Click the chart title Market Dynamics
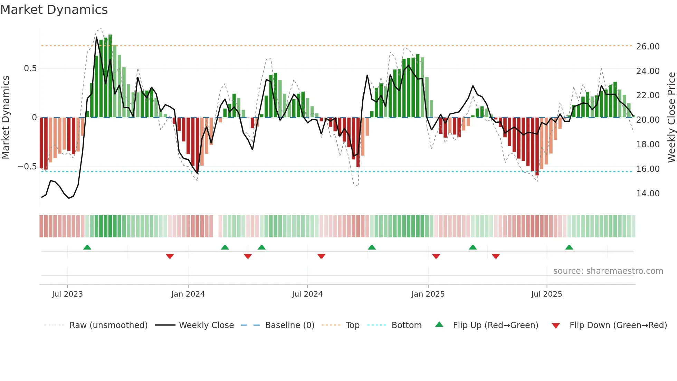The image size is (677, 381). [x=54, y=10]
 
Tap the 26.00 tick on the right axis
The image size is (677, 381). [x=648, y=47]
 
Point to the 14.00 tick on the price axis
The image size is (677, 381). [x=648, y=194]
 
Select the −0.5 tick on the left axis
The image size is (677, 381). [x=27, y=167]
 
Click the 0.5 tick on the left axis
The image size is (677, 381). [x=30, y=68]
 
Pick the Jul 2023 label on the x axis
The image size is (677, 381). [x=67, y=294]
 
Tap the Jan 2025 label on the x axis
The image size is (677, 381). [x=428, y=294]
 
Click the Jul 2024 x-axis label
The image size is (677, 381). [x=307, y=294]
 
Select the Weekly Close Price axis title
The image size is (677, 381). [x=671, y=117]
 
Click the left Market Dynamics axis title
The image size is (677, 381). [x=6, y=117]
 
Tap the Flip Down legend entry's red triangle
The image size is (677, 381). [x=555, y=326]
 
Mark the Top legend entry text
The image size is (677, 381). [x=352, y=325]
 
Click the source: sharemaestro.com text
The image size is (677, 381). [x=608, y=271]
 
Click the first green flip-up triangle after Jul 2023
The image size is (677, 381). [x=87, y=248]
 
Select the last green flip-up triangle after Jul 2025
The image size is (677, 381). [x=569, y=248]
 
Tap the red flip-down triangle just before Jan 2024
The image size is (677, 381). [x=170, y=256]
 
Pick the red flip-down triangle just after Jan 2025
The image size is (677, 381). [x=436, y=256]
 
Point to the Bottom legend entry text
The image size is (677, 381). [x=406, y=325]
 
